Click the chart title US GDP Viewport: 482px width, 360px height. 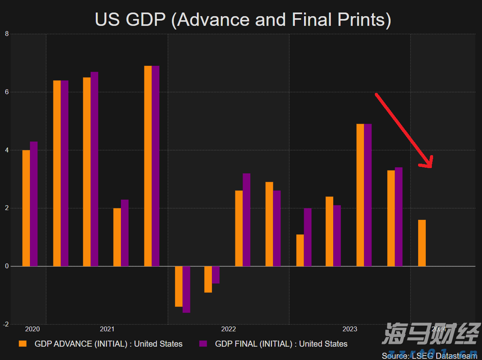(x=243, y=19)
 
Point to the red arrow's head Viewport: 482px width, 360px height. (x=429, y=164)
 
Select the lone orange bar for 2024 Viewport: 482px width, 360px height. (x=422, y=243)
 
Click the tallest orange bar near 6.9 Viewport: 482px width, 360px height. (x=148, y=166)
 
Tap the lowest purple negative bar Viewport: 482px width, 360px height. (x=186, y=289)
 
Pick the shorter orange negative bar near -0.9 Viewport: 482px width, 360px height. (x=208, y=279)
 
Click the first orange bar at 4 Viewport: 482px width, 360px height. (x=26, y=208)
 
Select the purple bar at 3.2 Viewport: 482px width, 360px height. (x=246, y=220)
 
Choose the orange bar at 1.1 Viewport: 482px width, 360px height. (x=300, y=250)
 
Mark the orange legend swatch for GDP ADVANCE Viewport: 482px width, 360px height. (x=23, y=344)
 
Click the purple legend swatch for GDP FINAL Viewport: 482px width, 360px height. (x=203, y=344)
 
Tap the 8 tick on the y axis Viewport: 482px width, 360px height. (x=6, y=34)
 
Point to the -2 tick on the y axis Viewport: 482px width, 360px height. (x=6, y=324)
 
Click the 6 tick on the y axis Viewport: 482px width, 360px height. (x=6, y=92)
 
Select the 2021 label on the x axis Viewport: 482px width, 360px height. (x=107, y=329)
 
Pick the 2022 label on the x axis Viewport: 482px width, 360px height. (x=228, y=329)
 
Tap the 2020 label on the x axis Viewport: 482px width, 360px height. (x=32, y=329)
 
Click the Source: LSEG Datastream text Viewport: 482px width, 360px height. (x=429, y=356)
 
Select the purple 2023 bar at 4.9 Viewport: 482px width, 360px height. (x=368, y=195)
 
